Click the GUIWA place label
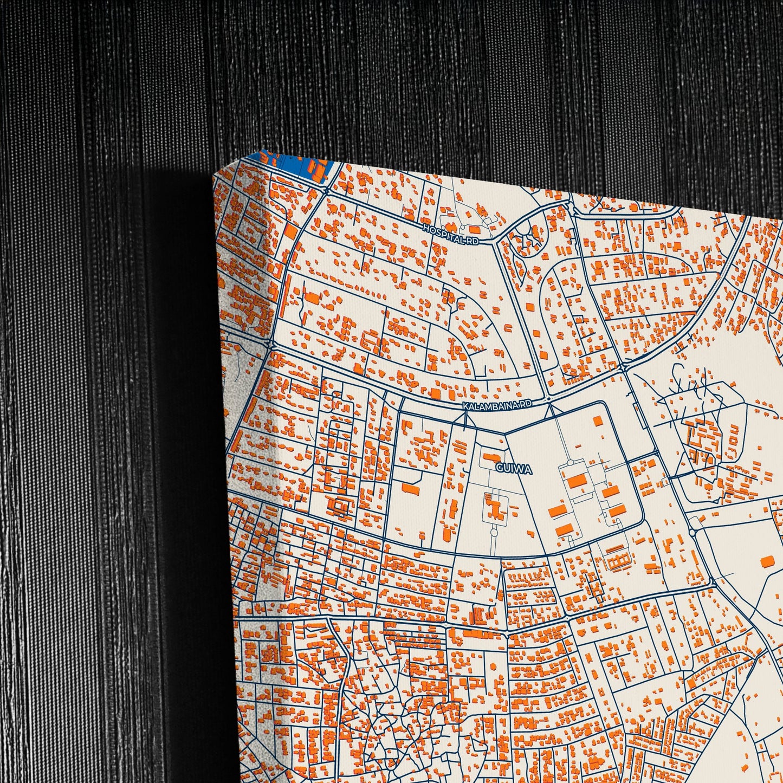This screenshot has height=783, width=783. pyautogui.click(x=513, y=469)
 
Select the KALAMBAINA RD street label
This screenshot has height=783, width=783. pyautogui.click(x=496, y=405)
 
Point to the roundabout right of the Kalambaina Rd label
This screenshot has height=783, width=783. pyautogui.click(x=548, y=399)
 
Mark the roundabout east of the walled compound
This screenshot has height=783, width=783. pyautogui.click(x=692, y=532)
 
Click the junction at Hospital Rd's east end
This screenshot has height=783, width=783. pyautogui.click(x=496, y=239)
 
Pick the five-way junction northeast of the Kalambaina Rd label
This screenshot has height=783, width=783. pyautogui.click(x=623, y=367)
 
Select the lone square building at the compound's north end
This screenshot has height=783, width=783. pyautogui.click(x=598, y=420)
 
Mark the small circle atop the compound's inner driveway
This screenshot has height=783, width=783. pyautogui.click(x=570, y=463)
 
